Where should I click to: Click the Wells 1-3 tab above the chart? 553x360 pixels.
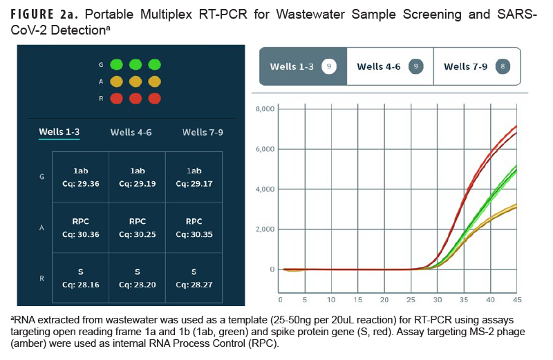point(302,67)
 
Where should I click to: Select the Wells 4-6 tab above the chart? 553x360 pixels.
point(389,67)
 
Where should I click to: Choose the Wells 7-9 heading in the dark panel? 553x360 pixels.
point(203,132)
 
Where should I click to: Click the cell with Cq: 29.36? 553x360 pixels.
point(80,178)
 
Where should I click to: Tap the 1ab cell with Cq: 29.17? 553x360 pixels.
point(194,178)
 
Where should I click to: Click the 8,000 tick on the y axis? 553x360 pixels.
point(265,109)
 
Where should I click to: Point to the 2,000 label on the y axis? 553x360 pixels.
point(265,229)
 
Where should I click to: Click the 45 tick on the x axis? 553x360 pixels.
point(515,300)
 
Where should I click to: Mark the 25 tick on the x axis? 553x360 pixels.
point(412,300)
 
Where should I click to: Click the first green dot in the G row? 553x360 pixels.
point(116,64)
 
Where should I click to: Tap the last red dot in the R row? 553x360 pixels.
point(154,98)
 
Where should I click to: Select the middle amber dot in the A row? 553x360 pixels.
point(135,82)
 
